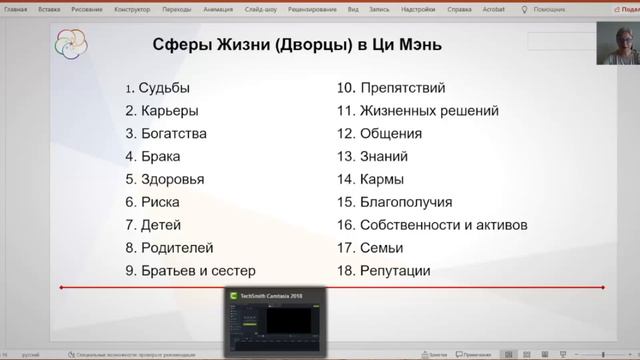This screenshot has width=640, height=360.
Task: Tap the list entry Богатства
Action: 166,133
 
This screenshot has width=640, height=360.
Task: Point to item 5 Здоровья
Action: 165,179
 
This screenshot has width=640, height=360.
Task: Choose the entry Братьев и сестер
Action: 190,270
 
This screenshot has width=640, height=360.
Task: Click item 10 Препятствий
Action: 391,88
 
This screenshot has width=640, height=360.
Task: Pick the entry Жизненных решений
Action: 417,111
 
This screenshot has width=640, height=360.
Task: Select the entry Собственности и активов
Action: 431,225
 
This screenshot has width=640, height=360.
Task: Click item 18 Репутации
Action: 383,270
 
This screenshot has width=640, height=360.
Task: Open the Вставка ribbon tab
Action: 48,6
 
